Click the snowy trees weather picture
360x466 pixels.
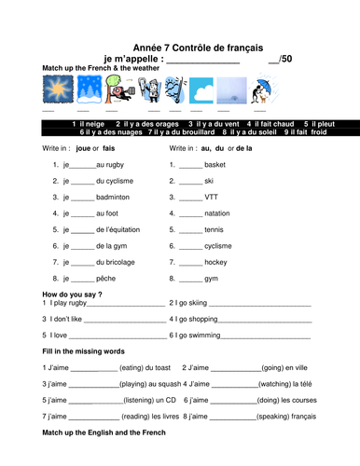87,91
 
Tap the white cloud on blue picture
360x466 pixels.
203,91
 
